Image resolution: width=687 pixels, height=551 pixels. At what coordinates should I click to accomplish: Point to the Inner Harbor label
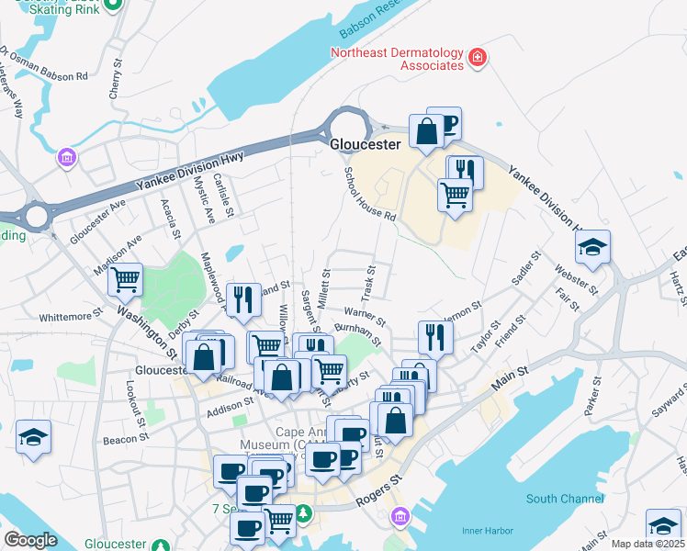pos(485,529)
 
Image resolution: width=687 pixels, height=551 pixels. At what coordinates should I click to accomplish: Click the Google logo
pos(30,539)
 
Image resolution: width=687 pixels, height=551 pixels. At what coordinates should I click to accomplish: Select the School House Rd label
pos(369,194)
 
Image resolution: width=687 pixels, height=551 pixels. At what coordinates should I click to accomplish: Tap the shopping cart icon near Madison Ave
pos(126,278)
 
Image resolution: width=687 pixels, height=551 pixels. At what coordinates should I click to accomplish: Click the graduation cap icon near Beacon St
pos(34,436)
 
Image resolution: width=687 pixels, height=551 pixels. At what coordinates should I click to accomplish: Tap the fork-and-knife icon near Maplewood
pos(242,299)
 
